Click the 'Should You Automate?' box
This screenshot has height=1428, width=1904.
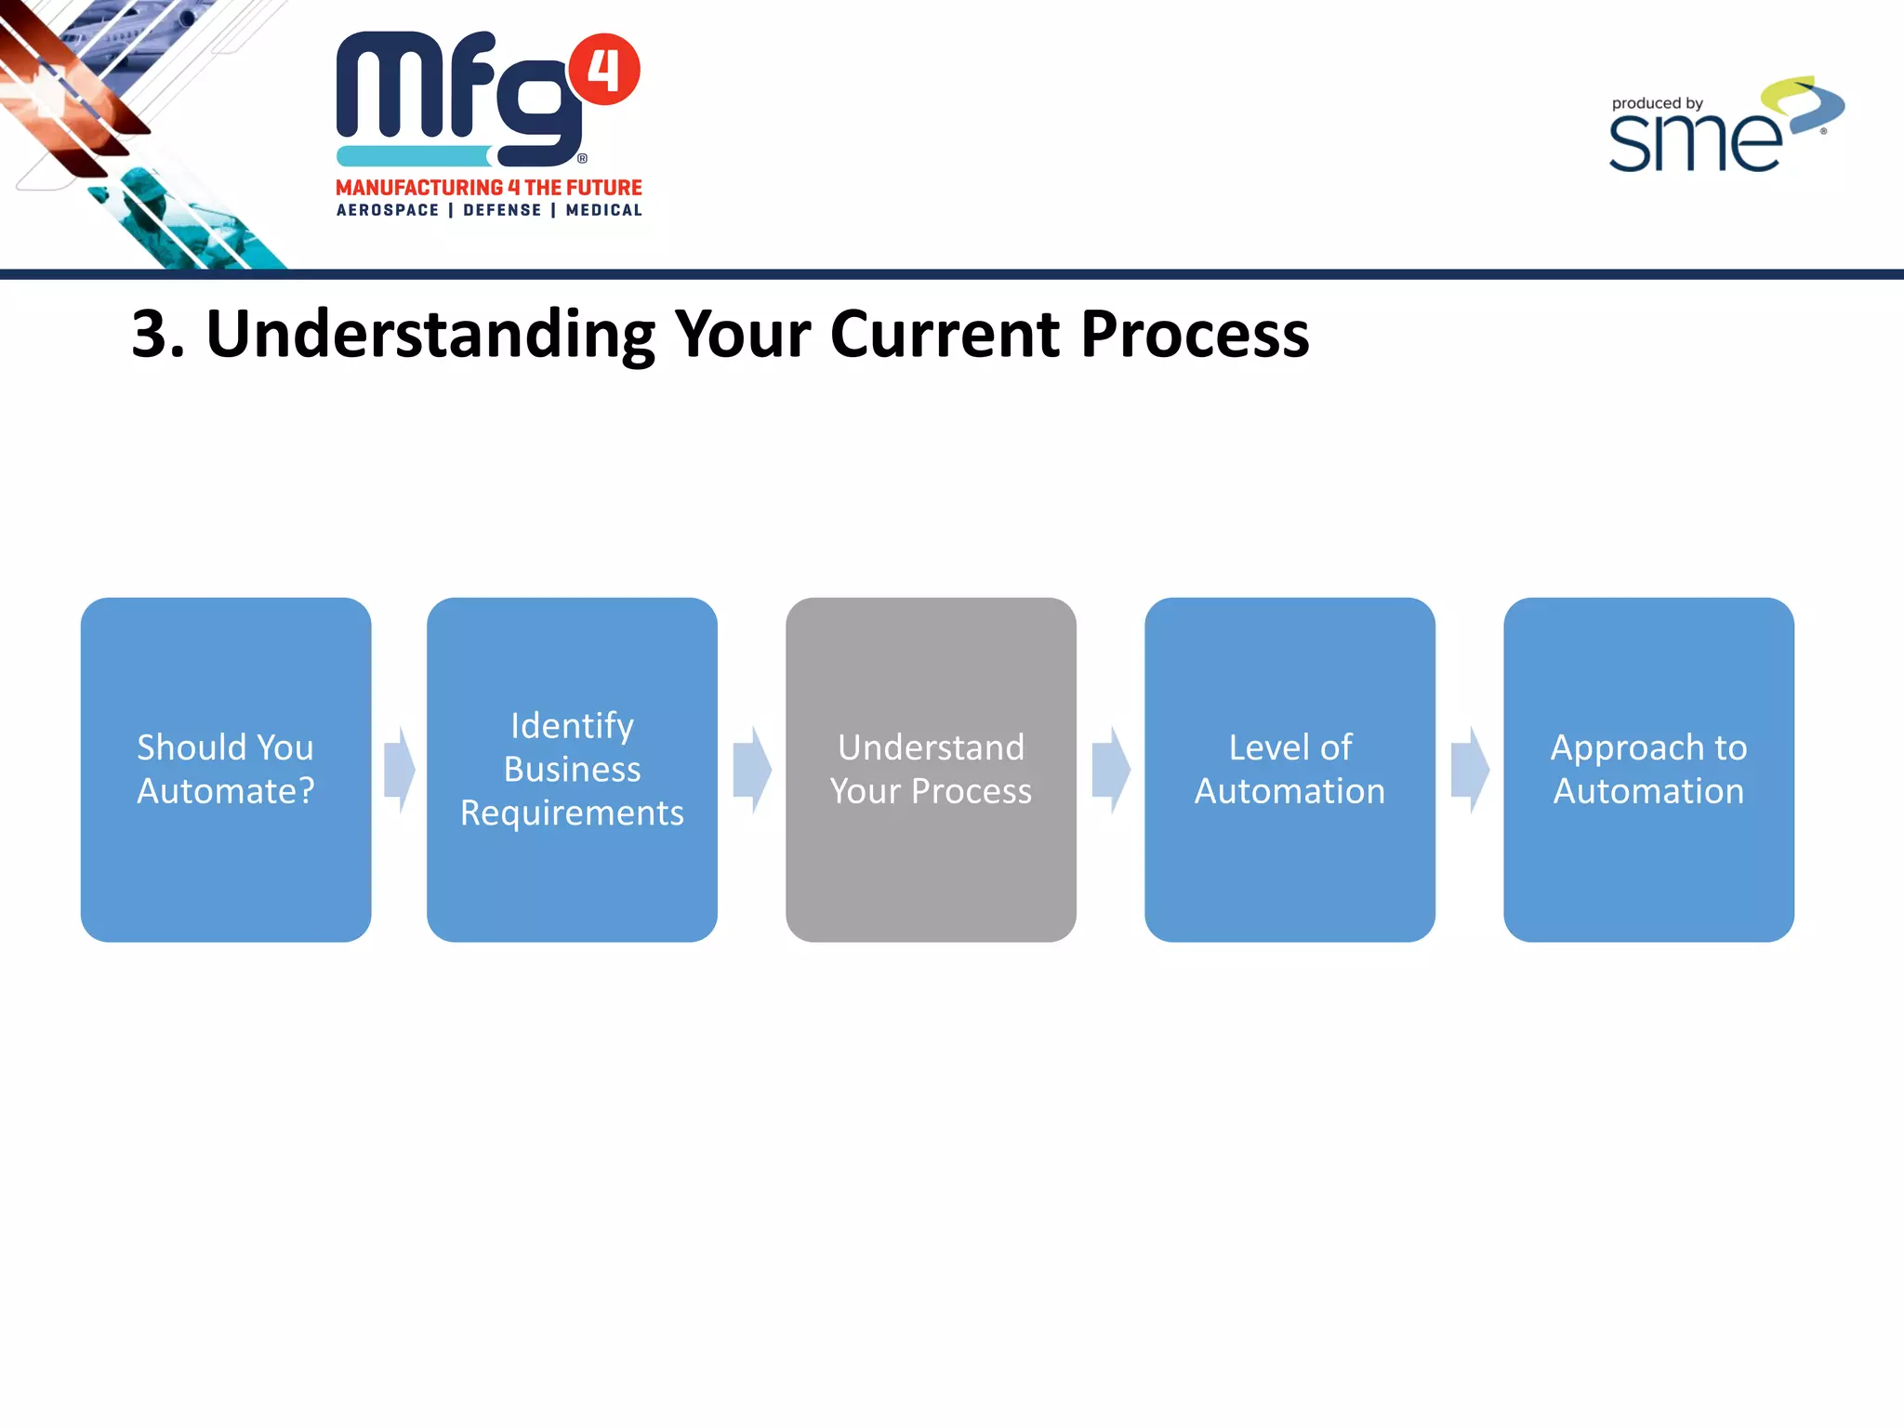[x=226, y=769]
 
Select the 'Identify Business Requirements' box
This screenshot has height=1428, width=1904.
[x=572, y=769]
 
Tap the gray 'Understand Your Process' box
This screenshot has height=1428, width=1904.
[x=931, y=769]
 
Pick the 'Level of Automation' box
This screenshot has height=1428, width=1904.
[x=1289, y=769]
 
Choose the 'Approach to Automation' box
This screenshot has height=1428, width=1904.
[x=1648, y=769]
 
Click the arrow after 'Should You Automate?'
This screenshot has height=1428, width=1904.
[x=399, y=770]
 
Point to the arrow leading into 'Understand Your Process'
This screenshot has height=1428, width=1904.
[x=751, y=770]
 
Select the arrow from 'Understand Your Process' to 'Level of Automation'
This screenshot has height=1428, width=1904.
[x=1110, y=770]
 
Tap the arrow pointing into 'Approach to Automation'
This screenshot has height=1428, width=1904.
[x=1469, y=770]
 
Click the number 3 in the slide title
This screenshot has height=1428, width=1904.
[x=151, y=335]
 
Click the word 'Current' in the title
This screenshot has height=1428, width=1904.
[x=944, y=335]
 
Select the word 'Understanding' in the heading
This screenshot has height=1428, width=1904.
[x=430, y=335]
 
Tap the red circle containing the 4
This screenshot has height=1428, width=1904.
[x=604, y=70]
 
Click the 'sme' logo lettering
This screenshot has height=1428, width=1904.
[x=1694, y=142]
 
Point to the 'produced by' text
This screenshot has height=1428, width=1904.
[x=1657, y=103]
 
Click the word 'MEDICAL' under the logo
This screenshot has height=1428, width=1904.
[x=604, y=210]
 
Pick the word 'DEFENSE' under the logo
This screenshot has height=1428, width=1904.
[x=502, y=210]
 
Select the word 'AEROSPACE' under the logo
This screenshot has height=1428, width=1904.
[x=388, y=210]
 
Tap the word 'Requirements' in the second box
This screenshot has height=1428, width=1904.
[x=572, y=813]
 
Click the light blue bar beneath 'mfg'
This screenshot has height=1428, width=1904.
[x=414, y=155]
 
